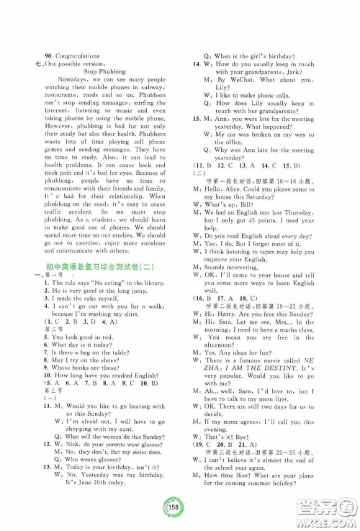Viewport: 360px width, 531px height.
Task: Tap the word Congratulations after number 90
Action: tap(78, 55)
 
